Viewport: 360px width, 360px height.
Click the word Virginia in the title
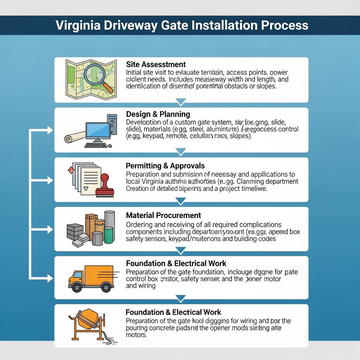[x=78, y=25]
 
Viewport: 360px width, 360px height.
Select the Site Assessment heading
[x=156, y=65]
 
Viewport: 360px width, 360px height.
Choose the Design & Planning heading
[x=158, y=114]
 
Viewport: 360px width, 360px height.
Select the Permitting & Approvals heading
[x=165, y=166]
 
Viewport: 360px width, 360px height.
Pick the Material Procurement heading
[x=163, y=215]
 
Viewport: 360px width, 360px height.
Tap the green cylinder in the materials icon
[x=109, y=235]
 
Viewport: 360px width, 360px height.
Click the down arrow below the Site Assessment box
[x=180, y=102]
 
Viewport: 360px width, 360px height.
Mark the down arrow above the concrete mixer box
[x=180, y=299]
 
